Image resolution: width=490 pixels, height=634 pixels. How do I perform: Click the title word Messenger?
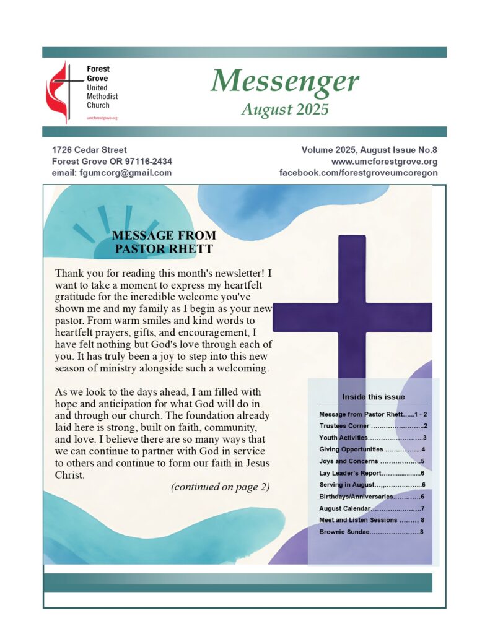click(x=284, y=81)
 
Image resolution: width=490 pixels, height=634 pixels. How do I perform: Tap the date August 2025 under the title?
click(x=284, y=110)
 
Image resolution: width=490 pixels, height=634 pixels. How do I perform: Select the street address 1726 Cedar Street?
click(x=89, y=150)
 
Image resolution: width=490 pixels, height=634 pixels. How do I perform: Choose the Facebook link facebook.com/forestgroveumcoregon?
click(x=359, y=173)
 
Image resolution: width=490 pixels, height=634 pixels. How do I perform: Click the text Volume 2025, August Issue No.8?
click(x=369, y=150)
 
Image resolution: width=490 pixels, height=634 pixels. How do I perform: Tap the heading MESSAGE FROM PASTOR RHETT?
click(x=164, y=242)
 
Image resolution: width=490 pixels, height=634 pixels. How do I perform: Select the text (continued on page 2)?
click(x=220, y=487)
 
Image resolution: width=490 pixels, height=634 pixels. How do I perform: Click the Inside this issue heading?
click(x=373, y=397)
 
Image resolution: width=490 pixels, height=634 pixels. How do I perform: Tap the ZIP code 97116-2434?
click(x=147, y=162)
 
